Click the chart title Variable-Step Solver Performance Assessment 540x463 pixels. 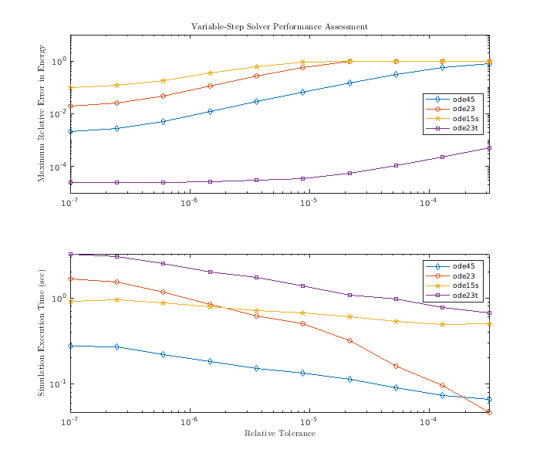tap(279, 27)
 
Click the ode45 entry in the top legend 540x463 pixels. tap(464, 99)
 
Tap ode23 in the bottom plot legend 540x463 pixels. tap(463, 275)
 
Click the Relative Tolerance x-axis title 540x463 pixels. tap(279, 433)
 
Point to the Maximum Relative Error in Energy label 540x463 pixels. tap(42, 113)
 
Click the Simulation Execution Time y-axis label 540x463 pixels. tap(42, 333)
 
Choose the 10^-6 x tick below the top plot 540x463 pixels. tap(189, 203)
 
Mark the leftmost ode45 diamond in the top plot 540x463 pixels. tap(70, 131)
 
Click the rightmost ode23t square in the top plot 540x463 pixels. tap(489, 147)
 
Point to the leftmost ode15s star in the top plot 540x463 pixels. tap(70, 87)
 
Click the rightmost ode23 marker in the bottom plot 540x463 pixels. tap(489, 413)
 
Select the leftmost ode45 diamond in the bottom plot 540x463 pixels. tap(70, 346)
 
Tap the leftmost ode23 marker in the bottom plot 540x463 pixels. tap(70, 279)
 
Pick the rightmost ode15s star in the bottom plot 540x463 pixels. tap(489, 323)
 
